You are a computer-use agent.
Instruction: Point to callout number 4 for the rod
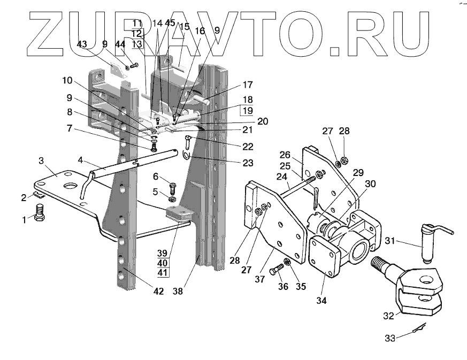(80, 159)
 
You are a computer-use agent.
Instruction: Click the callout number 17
(247, 85)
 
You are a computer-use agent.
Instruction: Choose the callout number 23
(247, 163)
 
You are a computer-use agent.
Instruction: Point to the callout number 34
(321, 300)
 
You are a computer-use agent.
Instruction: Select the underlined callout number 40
(162, 263)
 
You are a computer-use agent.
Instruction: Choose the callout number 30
(370, 183)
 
